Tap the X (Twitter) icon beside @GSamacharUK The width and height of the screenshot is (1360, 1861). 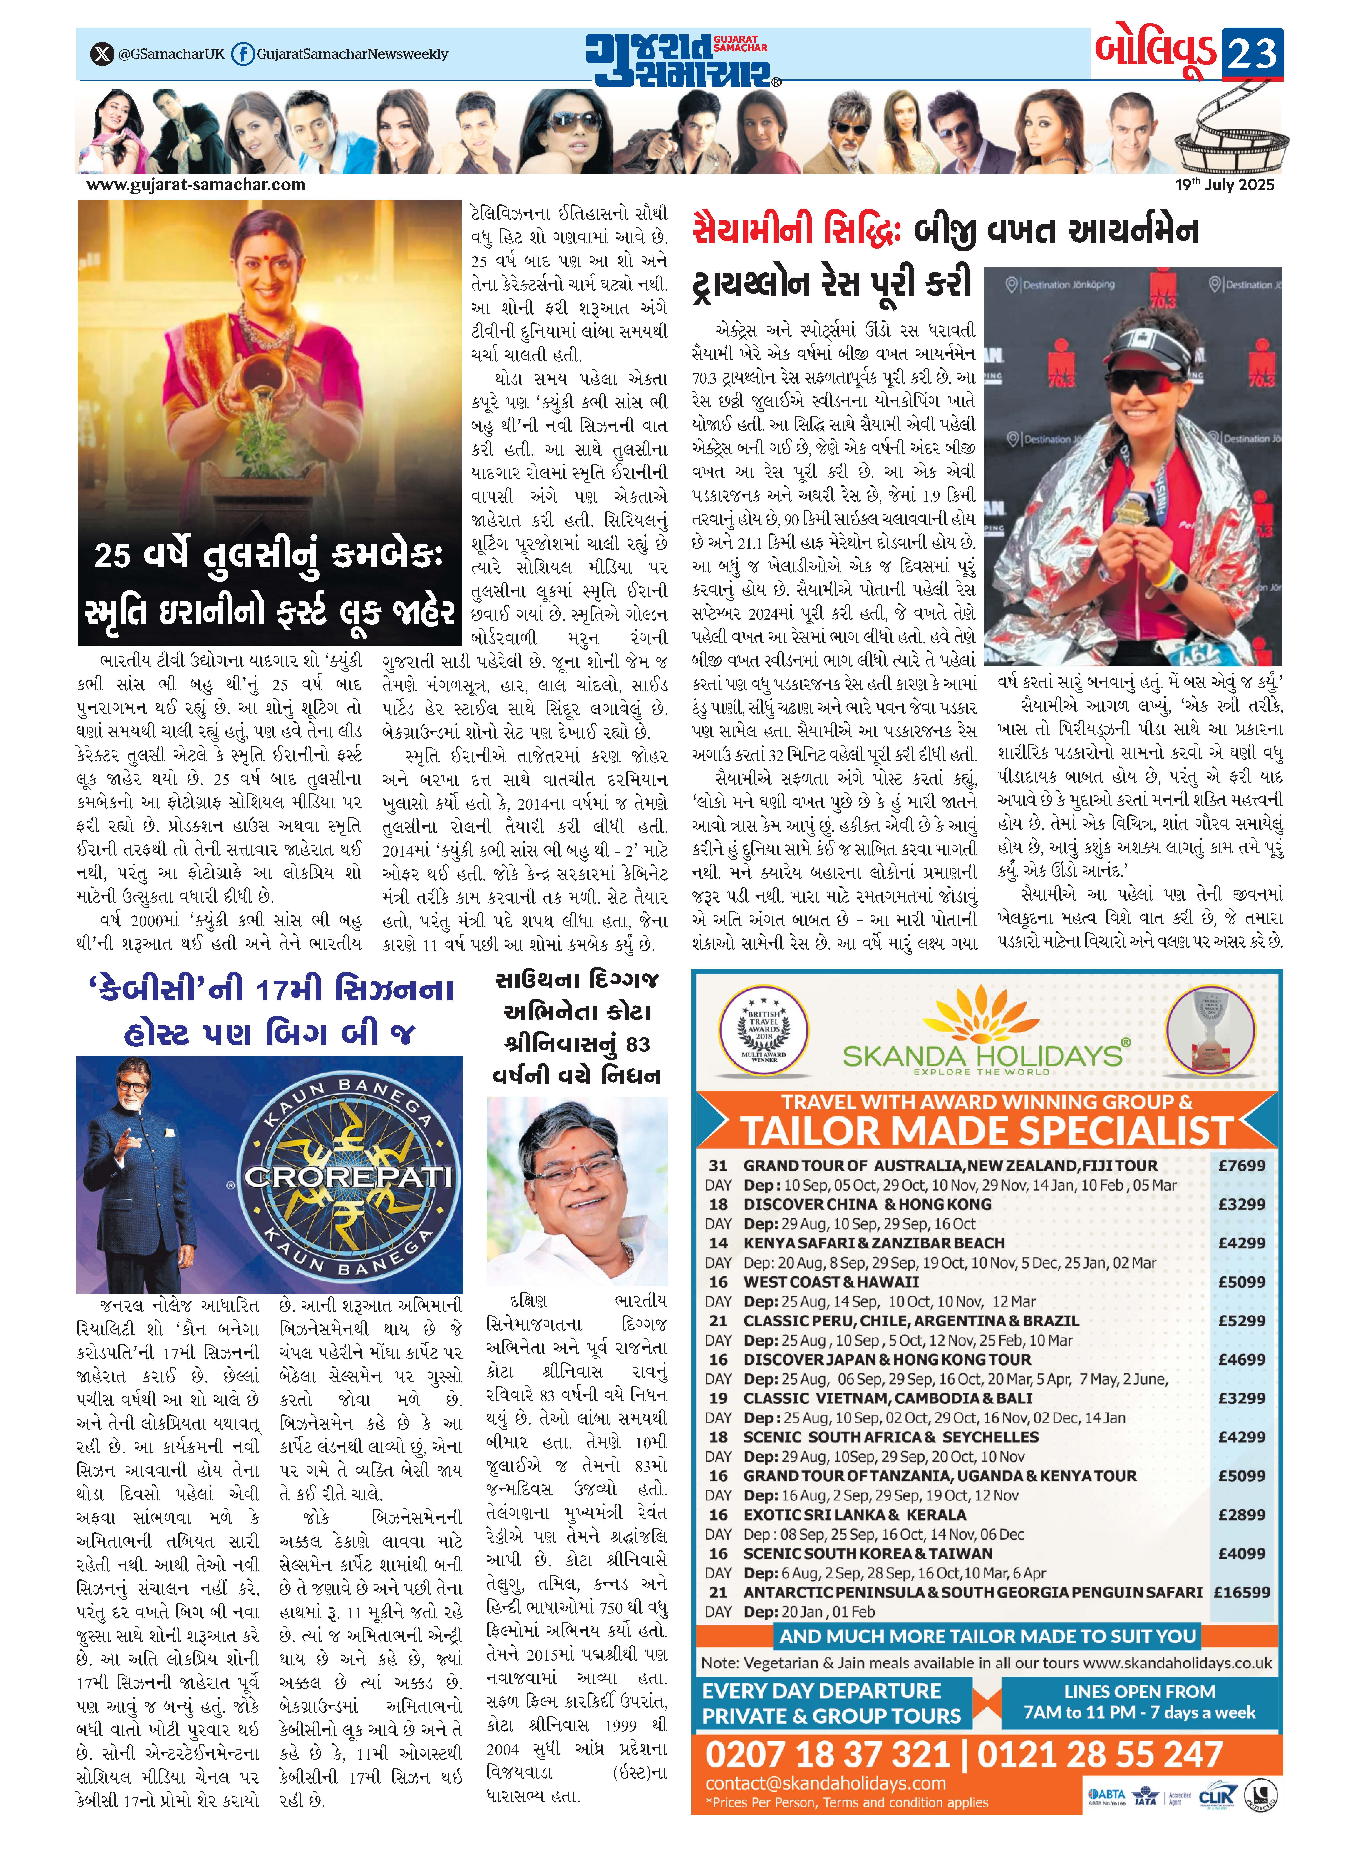click(x=101, y=54)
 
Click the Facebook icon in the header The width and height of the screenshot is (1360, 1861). click(x=242, y=54)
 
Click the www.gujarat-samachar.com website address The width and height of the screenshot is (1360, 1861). click(x=196, y=185)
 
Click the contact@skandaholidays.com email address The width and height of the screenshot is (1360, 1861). click(x=825, y=1784)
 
